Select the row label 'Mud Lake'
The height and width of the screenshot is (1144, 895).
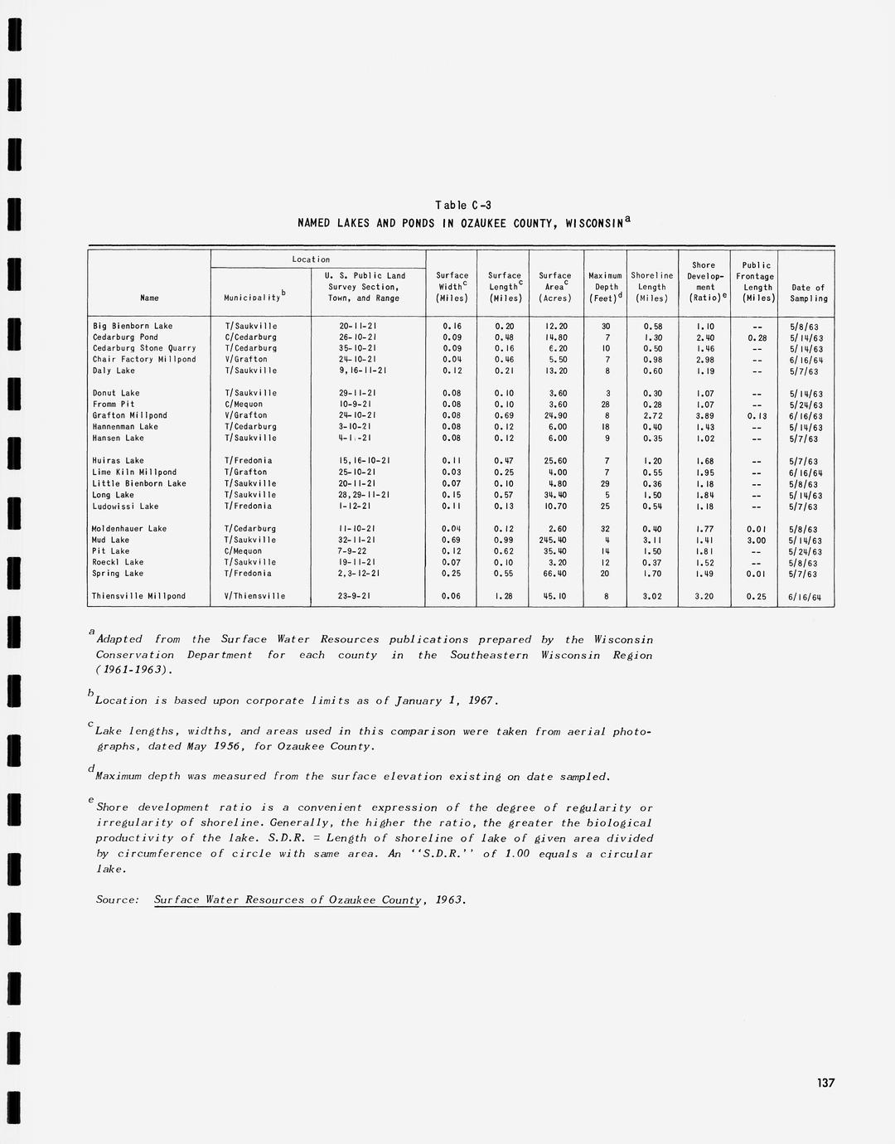click(111, 540)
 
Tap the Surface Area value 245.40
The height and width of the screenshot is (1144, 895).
click(554, 540)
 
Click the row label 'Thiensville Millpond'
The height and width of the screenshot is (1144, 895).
click(139, 596)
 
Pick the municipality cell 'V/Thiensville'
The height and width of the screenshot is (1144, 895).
click(254, 596)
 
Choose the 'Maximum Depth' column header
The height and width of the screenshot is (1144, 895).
click(606, 287)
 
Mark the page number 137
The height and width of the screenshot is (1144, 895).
click(825, 1083)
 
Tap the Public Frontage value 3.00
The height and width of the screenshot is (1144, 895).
click(756, 540)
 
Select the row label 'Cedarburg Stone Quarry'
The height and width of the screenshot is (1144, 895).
click(144, 348)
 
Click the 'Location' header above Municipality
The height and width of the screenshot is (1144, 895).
click(311, 259)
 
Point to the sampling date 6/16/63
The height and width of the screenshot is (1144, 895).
click(805, 416)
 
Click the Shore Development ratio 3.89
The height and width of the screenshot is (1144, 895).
click(704, 415)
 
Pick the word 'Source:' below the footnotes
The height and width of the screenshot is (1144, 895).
click(117, 899)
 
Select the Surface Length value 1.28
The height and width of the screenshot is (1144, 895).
click(504, 596)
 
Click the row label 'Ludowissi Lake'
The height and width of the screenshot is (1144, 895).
click(126, 506)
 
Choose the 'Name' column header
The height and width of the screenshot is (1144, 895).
click(149, 298)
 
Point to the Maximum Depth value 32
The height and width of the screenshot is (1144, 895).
click(606, 528)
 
